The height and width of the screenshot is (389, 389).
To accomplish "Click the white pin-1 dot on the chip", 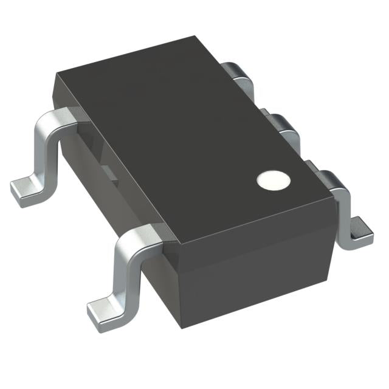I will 271,179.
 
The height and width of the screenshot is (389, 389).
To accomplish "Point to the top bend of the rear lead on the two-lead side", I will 58,119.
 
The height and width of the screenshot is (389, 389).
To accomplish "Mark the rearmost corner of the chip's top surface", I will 201,38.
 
